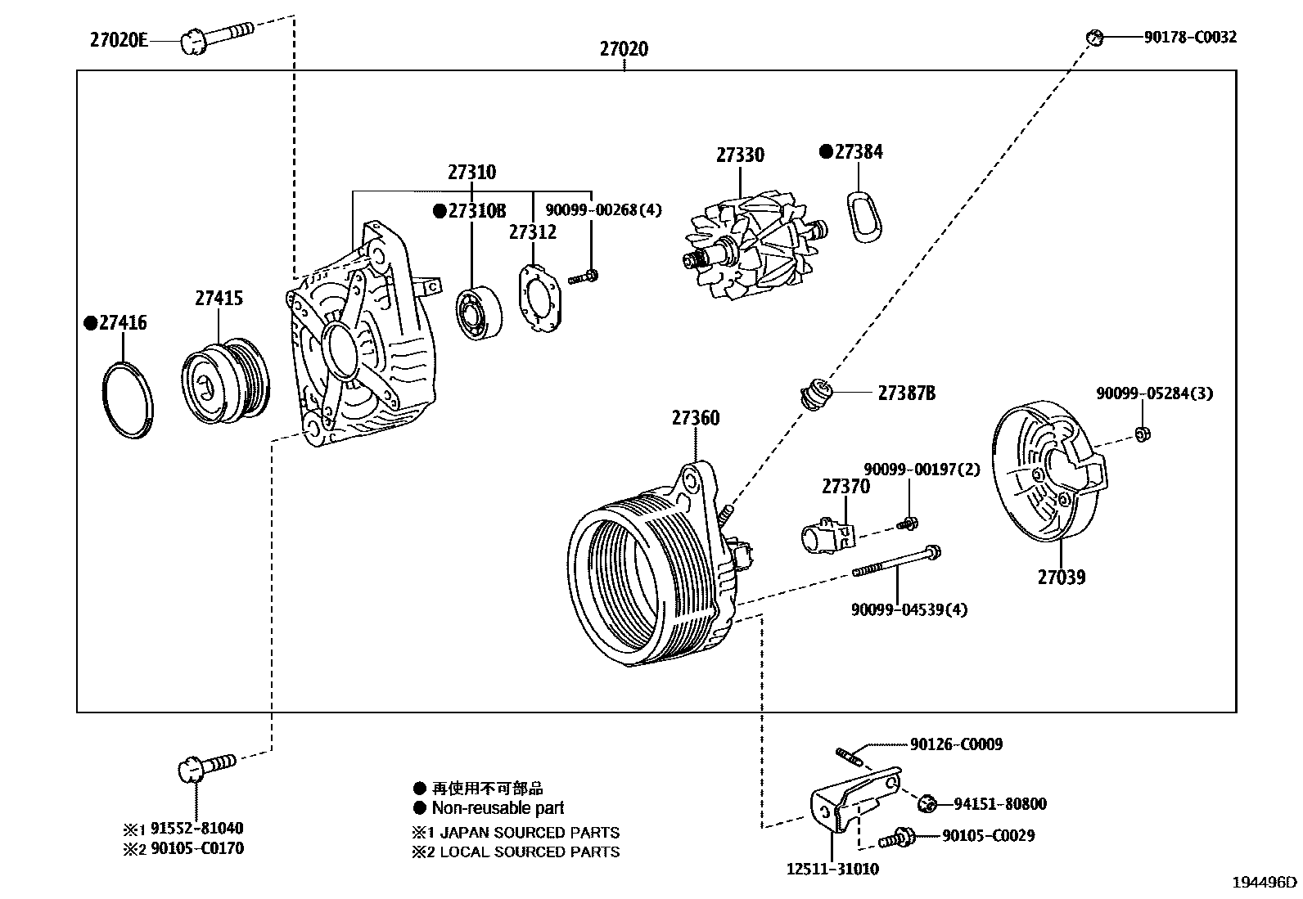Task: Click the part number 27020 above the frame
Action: [624, 49]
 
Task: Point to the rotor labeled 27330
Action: [746, 247]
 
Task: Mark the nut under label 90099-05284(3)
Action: [1142, 433]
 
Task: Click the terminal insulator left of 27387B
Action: [815, 393]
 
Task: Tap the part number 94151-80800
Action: [999, 804]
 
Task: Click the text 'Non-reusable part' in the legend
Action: [498, 808]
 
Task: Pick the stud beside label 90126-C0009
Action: [850, 754]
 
